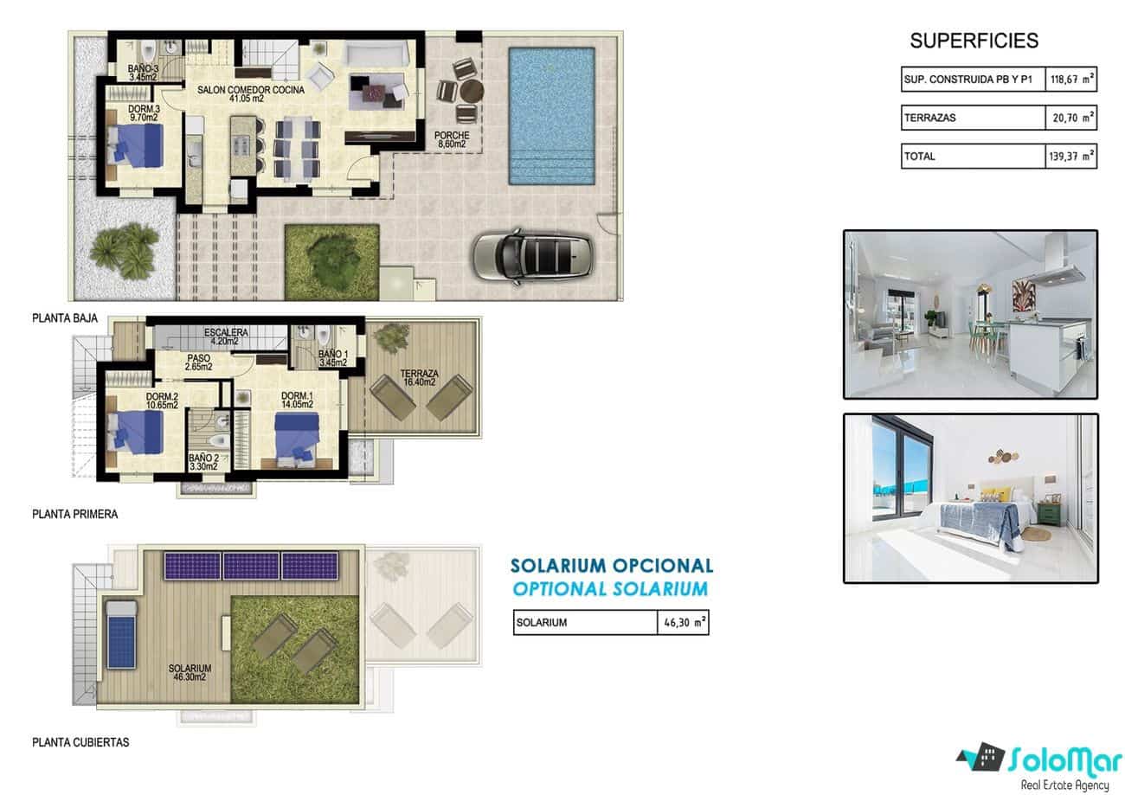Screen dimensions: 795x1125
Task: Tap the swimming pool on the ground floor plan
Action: [x=551, y=115]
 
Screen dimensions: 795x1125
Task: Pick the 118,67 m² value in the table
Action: [x=1070, y=80]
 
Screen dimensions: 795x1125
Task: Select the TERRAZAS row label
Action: [x=930, y=118]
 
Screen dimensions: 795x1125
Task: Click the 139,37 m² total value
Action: [x=1070, y=156]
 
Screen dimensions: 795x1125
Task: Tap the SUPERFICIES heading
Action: [x=974, y=41]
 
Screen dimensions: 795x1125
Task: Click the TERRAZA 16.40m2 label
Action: [x=420, y=380]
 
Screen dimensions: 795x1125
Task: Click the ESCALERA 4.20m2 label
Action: [x=227, y=336]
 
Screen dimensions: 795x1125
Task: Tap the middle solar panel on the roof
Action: [x=251, y=566]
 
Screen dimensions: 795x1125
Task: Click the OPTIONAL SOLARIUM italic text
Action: [x=610, y=589]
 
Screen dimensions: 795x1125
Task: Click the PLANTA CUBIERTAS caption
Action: [x=80, y=742]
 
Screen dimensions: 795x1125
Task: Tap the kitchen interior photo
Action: [x=970, y=314]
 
